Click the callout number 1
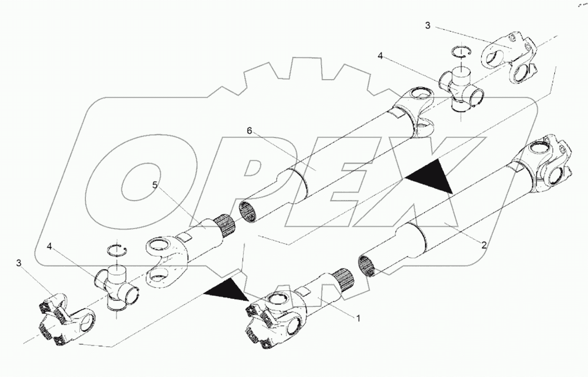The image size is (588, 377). pyautogui.click(x=358, y=319)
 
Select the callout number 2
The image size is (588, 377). pyautogui.click(x=484, y=245)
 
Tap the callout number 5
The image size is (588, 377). pyautogui.click(x=155, y=185)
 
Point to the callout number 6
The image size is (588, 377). pyautogui.click(x=249, y=130)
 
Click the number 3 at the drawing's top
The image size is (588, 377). pyautogui.click(x=428, y=26)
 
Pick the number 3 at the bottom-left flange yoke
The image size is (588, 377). pyautogui.click(x=18, y=263)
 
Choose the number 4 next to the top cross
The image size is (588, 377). pyautogui.click(x=380, y=55)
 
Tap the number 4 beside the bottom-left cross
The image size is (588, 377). pyautogui.click(x=49, y=246)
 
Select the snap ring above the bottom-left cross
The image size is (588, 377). pyautogui.click(x=117, y=249)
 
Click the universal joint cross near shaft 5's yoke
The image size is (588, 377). pyautogui.click(x=116, y=288)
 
